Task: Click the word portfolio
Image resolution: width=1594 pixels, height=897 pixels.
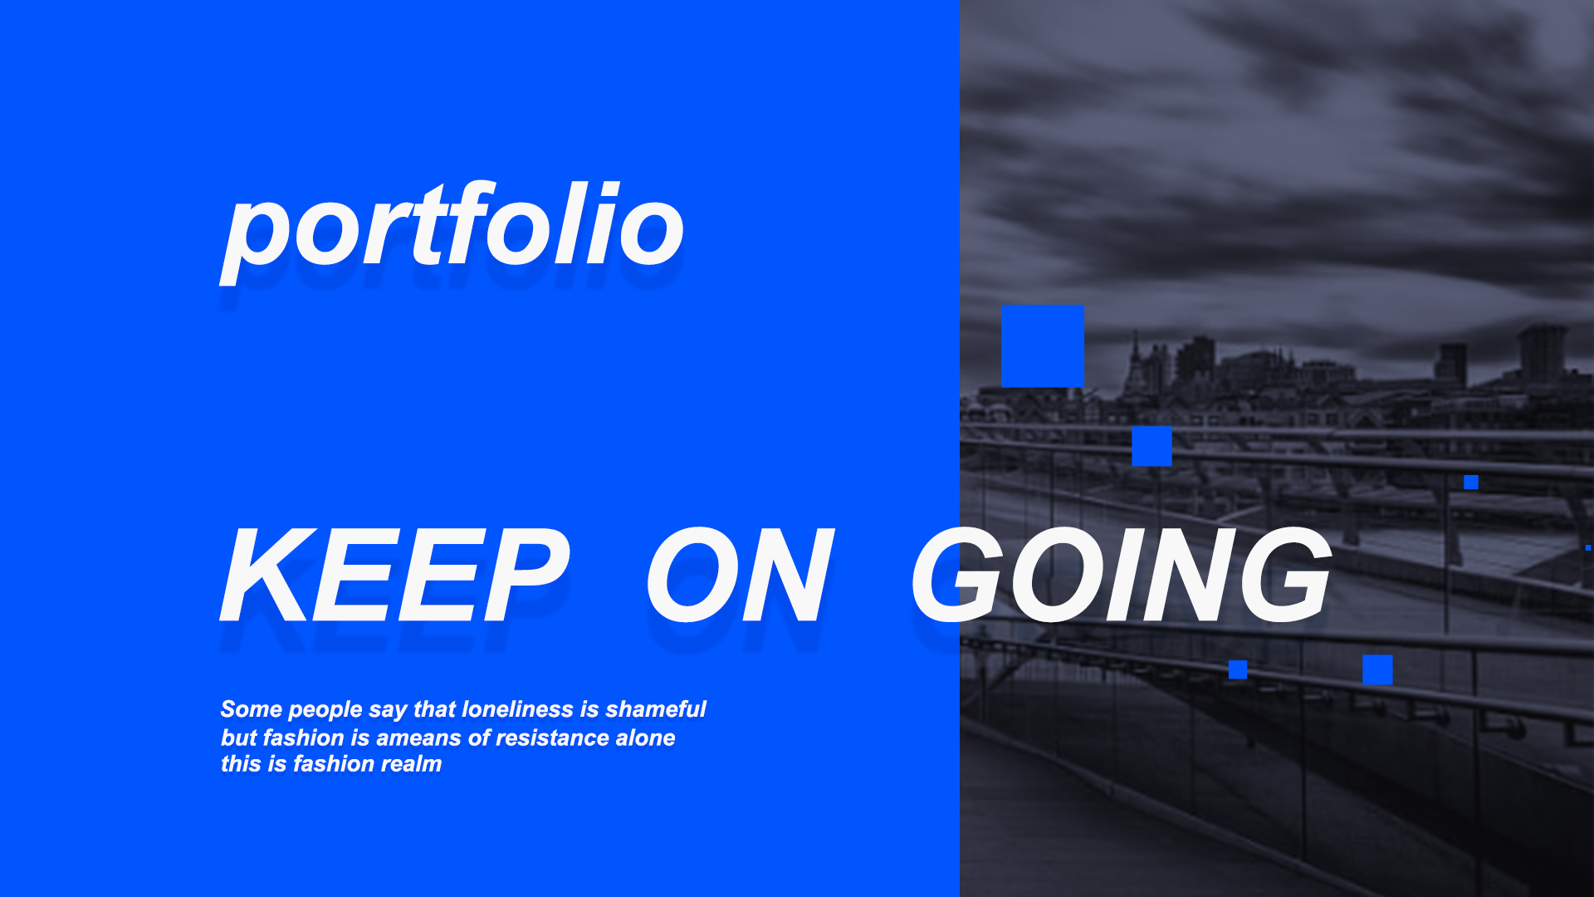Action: [x=452, y=231]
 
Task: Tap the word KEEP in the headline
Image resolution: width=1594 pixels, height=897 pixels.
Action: [x=395, y=575]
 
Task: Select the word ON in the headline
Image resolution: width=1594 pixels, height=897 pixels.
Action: [x=740, y=575]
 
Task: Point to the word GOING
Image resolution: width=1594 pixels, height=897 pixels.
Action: [x=1122, y=575]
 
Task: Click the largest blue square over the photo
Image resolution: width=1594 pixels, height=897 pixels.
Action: [x=1042, y=346]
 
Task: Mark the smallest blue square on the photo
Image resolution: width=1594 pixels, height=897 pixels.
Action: [x=1588, y=547]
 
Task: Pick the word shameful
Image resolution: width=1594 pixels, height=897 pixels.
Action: [x=655, y=709]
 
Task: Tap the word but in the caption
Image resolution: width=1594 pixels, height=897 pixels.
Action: [x=239, y=738]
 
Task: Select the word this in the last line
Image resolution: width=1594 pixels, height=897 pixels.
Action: [x=241, y=763]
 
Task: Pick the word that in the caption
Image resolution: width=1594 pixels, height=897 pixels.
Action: [x=434, y=709]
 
